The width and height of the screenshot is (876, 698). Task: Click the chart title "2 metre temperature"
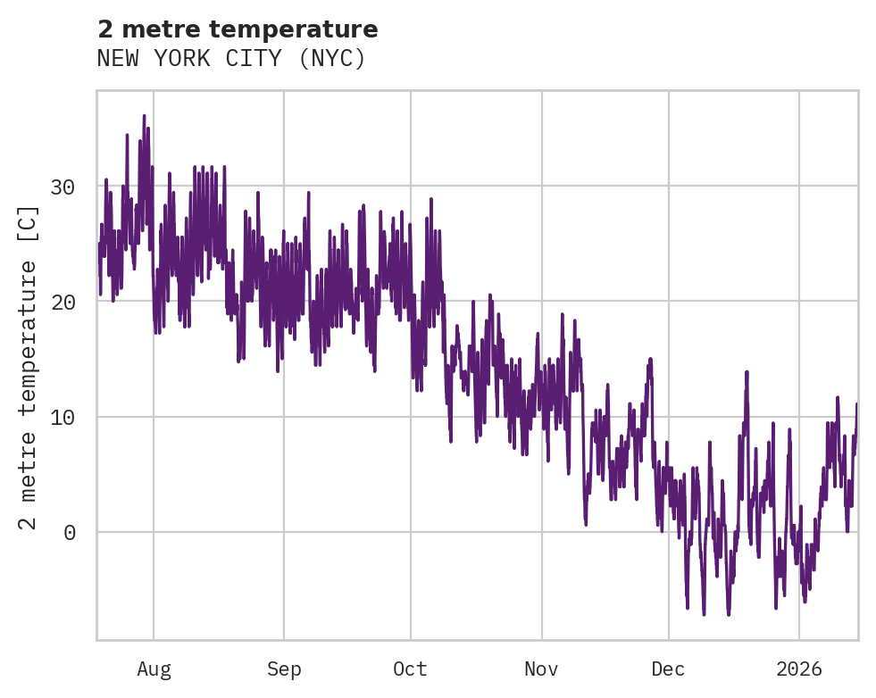pyautogui.click(x=238, y=29)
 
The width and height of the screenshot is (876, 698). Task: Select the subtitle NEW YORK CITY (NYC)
pyautogui.click(x=231, y=59)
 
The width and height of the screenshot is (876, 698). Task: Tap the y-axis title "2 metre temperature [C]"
pyautogui.click(x=29, y=367)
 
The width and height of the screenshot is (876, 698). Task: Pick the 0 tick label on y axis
pyautogui.click(x=69, y=533)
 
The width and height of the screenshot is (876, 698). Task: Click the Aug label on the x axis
pyautogui.click(x=154, y=669)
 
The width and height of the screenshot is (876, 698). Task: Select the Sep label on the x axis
pyautogui.click(x=284, y=669)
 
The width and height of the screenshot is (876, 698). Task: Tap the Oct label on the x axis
pyautogui.click(x=411, y=669)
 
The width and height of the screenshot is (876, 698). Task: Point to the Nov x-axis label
pyautogui.click(x=541, y=669)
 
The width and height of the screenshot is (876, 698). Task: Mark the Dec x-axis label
pyautogui.click(x=668, y=669)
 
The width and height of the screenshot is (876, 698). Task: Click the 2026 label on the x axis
pyautogui.click(x=798, y=669)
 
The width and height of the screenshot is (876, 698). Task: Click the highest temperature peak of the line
pyautogui.click(x=144, y=116)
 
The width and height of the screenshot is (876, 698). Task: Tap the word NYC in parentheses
pyautogui.click(x=332, y=59)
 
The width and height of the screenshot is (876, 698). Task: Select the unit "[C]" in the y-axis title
pyautogui.click(x=29, y=222)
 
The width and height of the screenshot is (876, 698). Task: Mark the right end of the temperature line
pyautogui.click(x=856, y=404)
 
